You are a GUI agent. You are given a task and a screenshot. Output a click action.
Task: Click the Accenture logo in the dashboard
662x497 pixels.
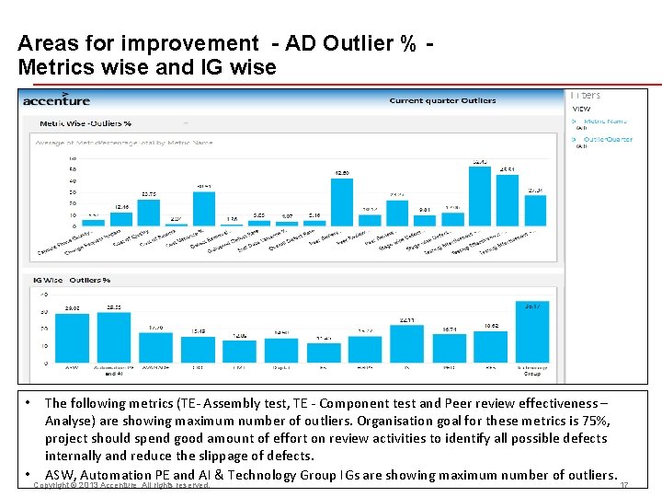(56, 99)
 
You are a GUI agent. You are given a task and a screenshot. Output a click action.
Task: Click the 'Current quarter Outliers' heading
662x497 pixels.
(442, 100)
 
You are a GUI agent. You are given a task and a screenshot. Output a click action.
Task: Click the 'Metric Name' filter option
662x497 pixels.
(605, 121)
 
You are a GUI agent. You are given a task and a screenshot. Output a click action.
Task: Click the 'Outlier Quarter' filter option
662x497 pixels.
(608, 139)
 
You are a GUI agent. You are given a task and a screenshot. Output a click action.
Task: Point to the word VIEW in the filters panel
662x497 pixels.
(582, 109)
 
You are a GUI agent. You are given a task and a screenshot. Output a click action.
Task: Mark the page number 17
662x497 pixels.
(625, 485)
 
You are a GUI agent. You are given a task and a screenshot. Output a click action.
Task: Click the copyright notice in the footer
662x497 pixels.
(121, 485)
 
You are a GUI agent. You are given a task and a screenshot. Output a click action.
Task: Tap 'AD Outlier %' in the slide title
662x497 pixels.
(350, 43)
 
